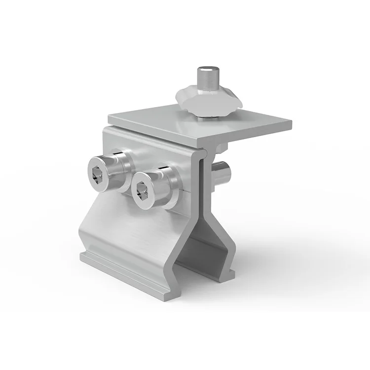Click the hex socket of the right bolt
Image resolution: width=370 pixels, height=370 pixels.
coord(142,188)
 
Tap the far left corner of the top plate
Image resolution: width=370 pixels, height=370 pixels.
coord(110,115)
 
